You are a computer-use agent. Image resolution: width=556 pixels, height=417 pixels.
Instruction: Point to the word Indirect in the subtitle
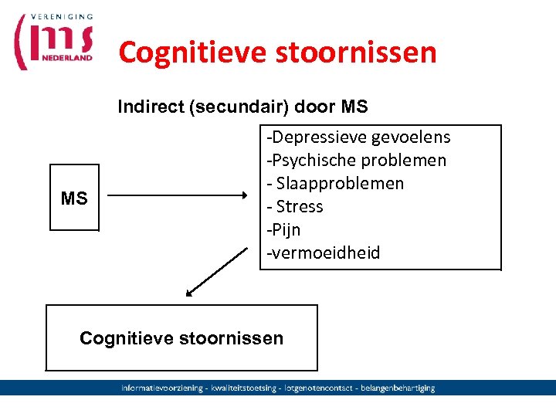pos(151,107)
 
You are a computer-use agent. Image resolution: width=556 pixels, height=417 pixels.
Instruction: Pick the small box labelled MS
pos(74,198)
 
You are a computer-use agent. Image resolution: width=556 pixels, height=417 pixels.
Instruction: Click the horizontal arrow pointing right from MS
pos(179,196)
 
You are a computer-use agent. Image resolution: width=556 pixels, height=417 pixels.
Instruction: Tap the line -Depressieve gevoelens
pos(358,137)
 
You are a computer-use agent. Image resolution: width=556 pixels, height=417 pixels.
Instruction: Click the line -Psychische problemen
pos(356,161)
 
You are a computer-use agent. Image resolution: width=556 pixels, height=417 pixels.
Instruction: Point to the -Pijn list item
pos(283,230)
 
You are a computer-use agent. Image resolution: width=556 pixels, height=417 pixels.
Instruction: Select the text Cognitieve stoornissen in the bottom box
pos(181,338)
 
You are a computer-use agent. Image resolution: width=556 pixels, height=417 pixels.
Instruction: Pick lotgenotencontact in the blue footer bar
pos(318,388)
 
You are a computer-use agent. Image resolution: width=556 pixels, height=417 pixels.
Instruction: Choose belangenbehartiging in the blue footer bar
pos(397,388)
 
